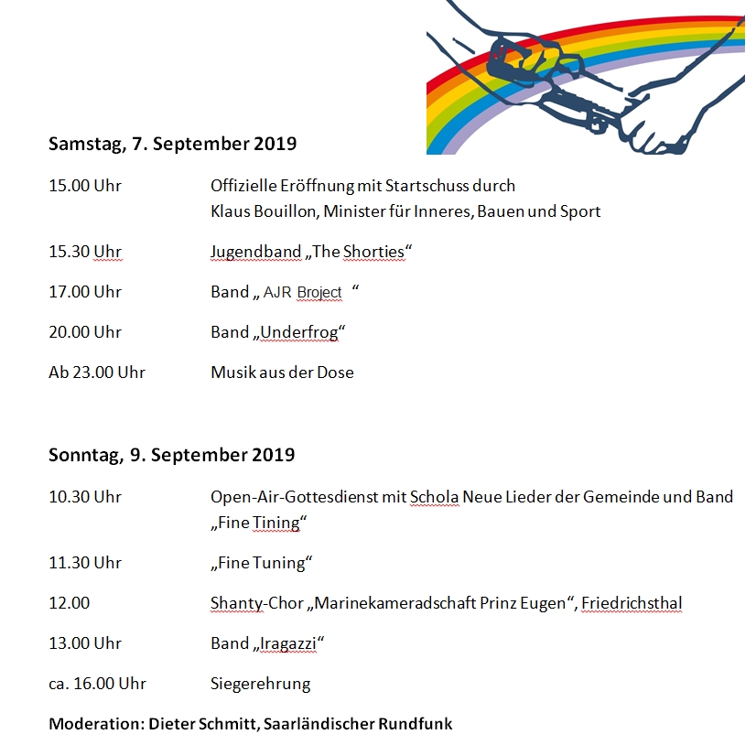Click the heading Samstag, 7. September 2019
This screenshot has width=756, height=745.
(172, 144)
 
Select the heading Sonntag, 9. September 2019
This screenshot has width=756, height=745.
(171, 455)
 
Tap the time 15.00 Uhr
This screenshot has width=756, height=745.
(85, 186)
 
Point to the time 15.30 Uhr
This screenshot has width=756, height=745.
(85, 252)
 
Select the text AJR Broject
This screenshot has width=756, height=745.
(302, 293)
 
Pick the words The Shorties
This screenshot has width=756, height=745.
(358, 252)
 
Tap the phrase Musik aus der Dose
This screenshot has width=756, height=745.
(282, 372)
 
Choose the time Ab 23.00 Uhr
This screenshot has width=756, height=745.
(97, 372)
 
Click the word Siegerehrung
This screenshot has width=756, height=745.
(260, 684)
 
